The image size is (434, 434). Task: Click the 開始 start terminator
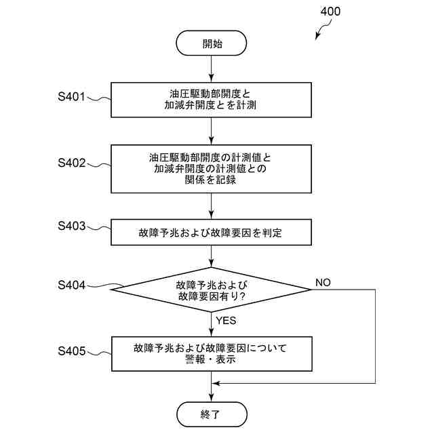tap(212, 44)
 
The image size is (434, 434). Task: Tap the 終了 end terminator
tap(212, 413)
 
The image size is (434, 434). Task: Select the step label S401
tap(71, 96)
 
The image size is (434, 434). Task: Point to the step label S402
tap(71, 163)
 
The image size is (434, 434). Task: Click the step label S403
tap(71, 226)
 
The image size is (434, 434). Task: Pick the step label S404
tap(71, 285)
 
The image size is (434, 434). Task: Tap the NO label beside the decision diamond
tap(323, 282)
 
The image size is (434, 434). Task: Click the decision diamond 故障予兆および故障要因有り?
tap(212, 290)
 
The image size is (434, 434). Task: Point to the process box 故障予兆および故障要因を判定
tap(212, 233)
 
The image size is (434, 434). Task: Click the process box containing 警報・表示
tap(212, 354)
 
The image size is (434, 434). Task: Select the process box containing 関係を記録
tap(212, 168)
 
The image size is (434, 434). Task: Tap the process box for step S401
tap(212, 100)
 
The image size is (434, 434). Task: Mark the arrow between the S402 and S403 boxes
tap(212, 205)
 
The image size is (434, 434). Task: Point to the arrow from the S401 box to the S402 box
tap(212, 130)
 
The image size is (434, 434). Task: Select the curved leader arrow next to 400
tap(321, 28)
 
